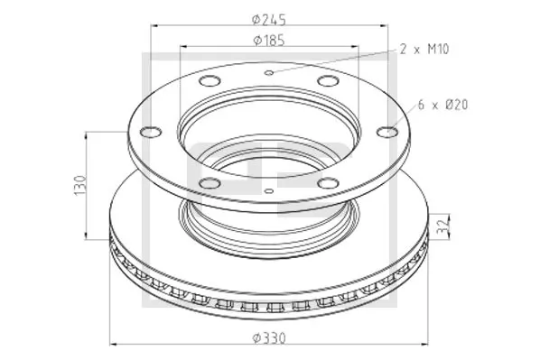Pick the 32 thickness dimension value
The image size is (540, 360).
440,226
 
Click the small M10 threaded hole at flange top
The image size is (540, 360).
268,71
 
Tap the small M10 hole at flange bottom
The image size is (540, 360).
271,191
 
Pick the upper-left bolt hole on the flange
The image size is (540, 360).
209,83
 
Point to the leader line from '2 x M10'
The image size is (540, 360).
334,60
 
